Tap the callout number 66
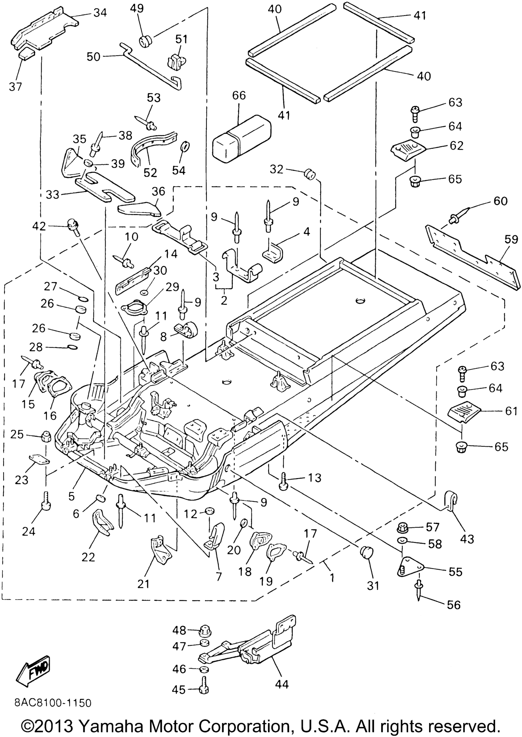click(239, 96)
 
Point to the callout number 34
click(100, 13)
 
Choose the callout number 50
click(94, 57)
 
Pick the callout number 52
click(150, 173)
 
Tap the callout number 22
click(88, 557)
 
